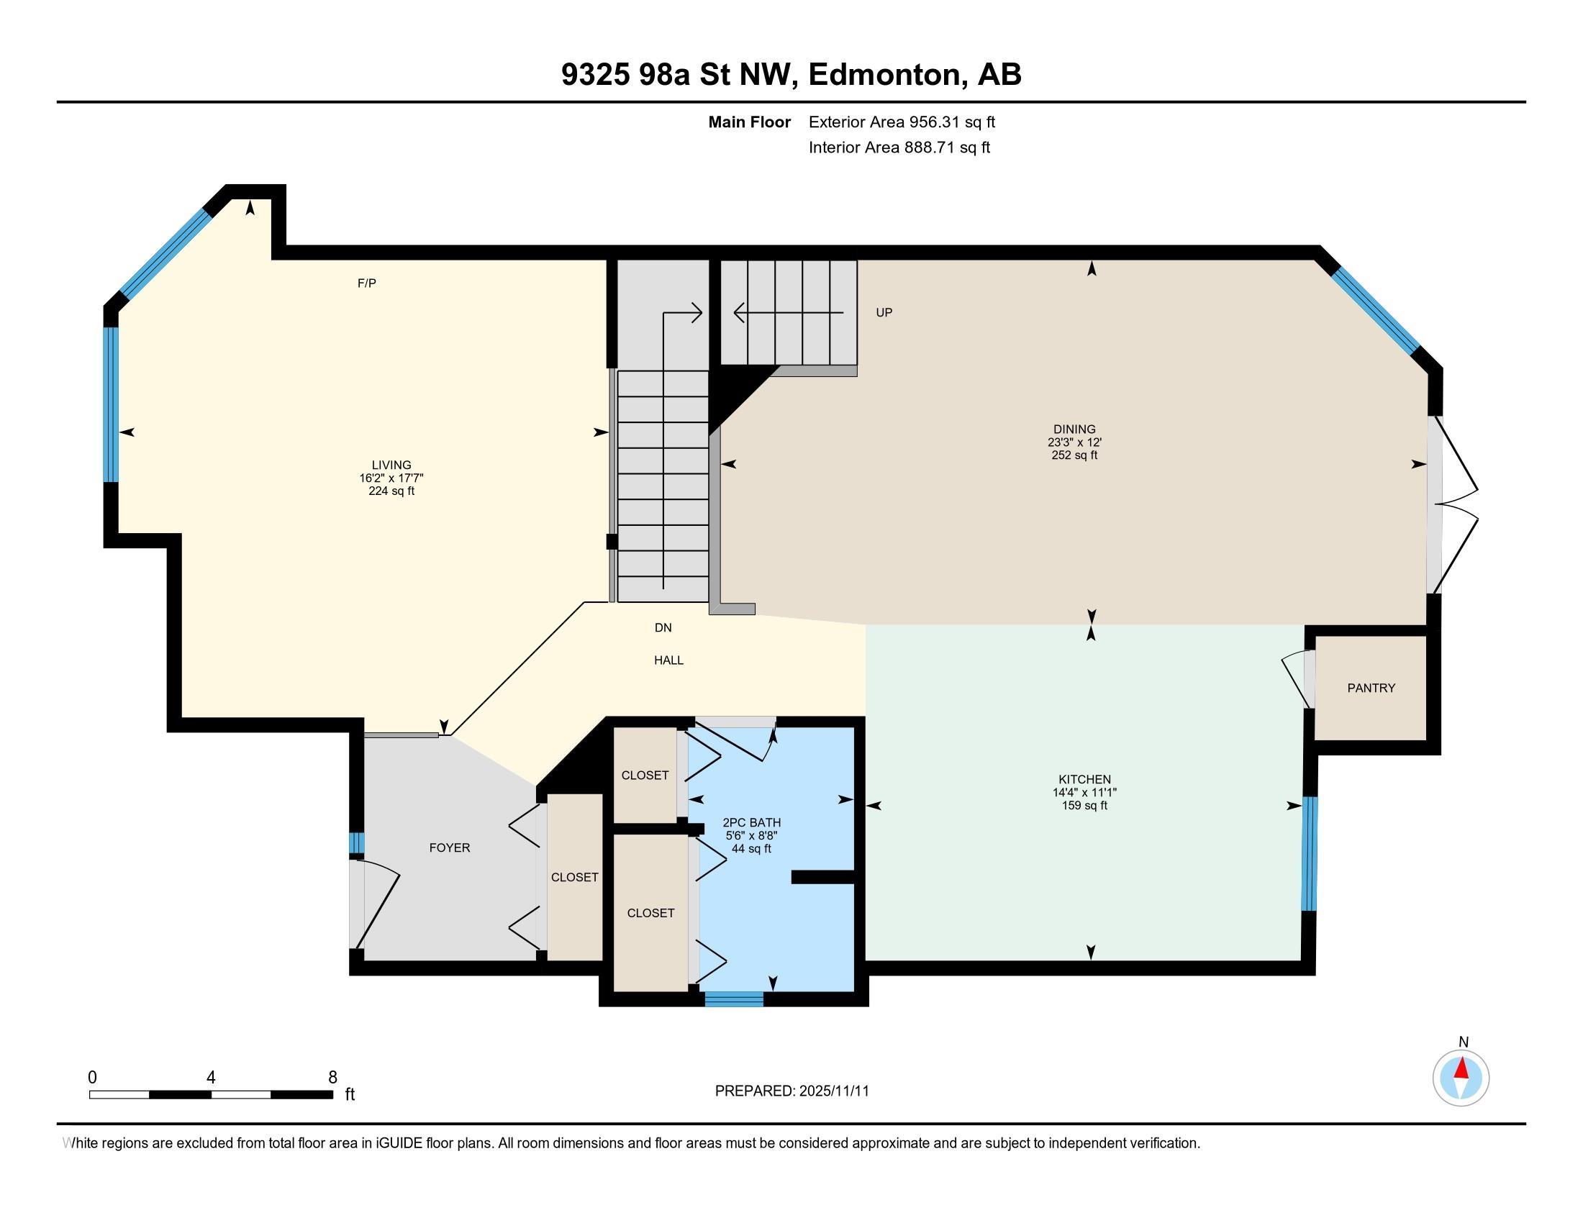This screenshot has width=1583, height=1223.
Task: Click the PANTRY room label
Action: (1371, 688)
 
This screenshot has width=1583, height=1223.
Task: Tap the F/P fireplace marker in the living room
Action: (367, 283)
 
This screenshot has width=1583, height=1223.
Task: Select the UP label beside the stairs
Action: (884, 312)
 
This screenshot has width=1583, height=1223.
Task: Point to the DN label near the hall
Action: (663, 628)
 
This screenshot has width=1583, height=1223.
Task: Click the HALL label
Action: (668, 660)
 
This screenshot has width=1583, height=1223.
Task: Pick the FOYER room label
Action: (450, 847)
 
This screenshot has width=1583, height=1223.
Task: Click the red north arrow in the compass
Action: (1461, 1068)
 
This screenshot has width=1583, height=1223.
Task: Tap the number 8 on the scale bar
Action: (332, 1078)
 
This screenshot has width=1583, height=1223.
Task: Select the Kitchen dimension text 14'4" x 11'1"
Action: (1084, 793)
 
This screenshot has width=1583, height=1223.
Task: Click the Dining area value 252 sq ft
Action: (1074, 455)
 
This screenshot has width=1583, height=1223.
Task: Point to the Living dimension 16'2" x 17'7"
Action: (391, 478)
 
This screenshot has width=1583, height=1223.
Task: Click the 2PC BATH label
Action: (752, 823)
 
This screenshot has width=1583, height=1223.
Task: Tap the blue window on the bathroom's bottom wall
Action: (734, 999)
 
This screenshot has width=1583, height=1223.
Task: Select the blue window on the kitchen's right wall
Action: (1309, 853)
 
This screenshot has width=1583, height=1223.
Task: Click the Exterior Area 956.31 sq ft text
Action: (902, 122)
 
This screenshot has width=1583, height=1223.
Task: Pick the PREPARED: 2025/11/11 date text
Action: (792, 1091)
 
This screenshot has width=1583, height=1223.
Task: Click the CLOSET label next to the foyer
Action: (575, 878)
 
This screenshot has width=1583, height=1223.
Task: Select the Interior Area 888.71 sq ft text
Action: (899, 147)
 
